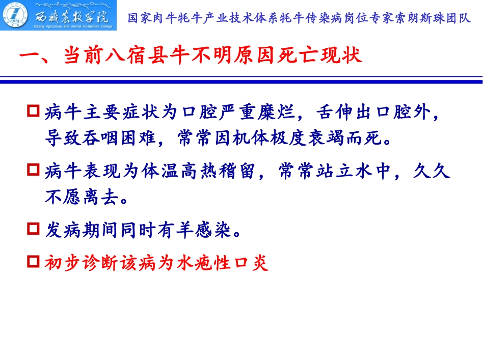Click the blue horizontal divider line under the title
241,80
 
